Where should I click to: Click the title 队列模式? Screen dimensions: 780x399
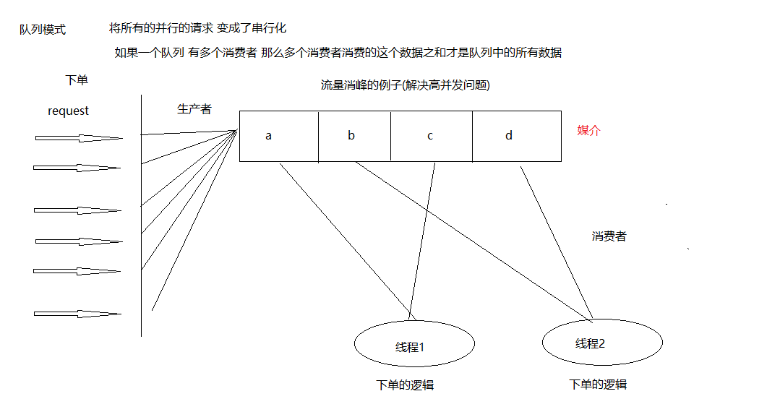click(43, 30)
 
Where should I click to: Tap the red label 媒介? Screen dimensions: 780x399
click(589, 131)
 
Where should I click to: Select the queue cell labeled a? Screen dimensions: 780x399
click(278, 136)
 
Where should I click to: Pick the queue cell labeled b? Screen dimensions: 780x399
click(354, 136)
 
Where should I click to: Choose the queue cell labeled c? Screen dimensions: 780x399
click(431, 136)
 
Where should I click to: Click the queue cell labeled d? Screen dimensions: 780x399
click(516, 136)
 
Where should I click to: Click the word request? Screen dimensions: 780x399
click(68, 111)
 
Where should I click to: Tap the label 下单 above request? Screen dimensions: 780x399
click(77, 80)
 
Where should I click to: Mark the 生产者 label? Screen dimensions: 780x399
click(194, 109)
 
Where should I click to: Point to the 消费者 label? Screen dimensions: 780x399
click(609, 236)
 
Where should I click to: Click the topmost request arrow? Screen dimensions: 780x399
click(78, 137)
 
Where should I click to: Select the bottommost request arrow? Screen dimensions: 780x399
click(77, 314)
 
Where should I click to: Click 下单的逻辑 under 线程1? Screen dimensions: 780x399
click(406, 385)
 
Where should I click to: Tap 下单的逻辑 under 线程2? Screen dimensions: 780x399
click(598, 384)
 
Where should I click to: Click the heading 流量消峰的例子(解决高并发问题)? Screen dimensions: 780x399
click(406, 85)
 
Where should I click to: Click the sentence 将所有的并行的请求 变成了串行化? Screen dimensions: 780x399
click(197, 28)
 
